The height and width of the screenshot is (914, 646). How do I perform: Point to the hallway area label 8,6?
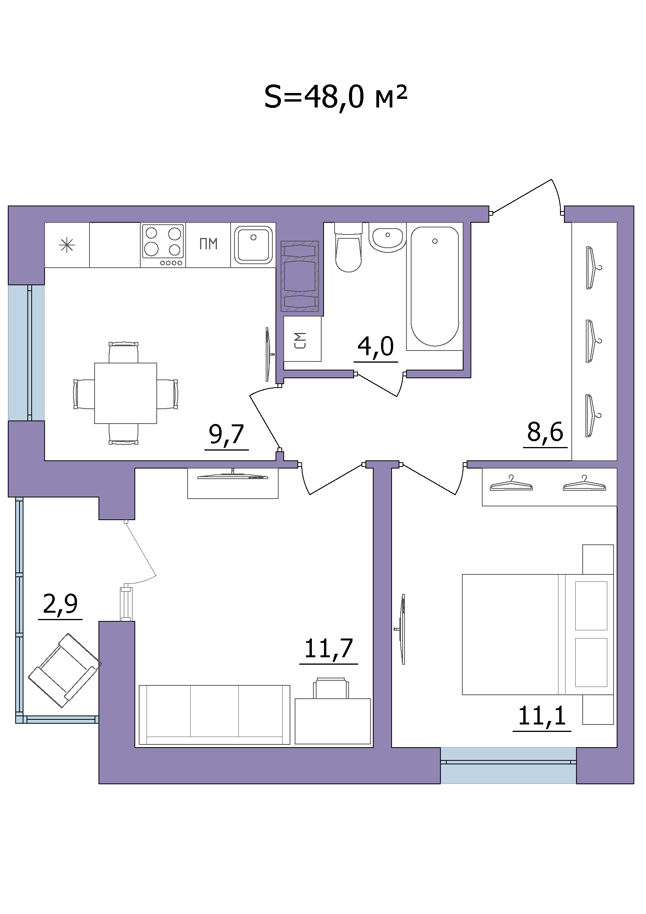[x=545, y=431]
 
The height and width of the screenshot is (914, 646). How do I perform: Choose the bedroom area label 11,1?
[x=542, y=715]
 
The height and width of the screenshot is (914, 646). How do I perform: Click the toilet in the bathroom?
[x=349, y=247]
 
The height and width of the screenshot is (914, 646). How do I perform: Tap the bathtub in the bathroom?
[x=435, y=286]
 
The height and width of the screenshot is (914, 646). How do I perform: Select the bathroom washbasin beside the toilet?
[x=387, y=238]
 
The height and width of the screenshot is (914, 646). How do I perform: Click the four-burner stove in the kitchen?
[x=163, y=245]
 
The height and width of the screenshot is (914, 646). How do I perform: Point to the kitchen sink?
[x=253, y=245]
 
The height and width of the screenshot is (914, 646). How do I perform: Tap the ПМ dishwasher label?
[x=208, y=243]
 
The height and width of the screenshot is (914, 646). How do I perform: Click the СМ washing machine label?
[x=301, y=340]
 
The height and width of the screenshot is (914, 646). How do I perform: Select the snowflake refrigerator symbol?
[x=67, y=245]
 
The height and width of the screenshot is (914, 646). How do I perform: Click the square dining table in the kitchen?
[x=125, y=393]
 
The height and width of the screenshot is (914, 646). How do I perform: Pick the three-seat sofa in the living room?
[x=214, y=715]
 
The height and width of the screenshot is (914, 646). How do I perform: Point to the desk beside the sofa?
[x=333, y=721]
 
